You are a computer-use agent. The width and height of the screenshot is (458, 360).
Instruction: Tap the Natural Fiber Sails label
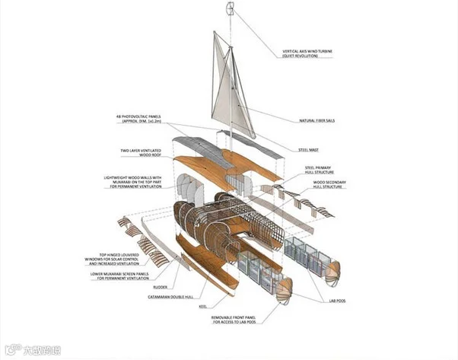coord(318,120)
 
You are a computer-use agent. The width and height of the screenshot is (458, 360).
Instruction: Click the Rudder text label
coord(160,287)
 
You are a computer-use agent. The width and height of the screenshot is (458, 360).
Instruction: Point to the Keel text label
coord(203,306)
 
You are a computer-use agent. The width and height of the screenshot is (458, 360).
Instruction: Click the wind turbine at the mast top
coord(228,8)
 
